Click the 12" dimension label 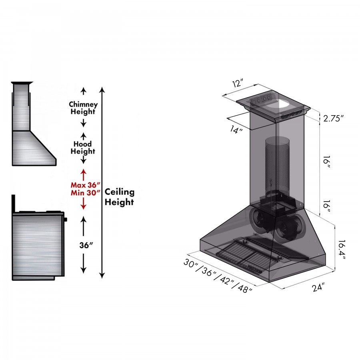[x=238, y=84]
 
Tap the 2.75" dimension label [x=334, y=118]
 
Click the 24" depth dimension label [x=319, y=287]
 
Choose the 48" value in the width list [x=245, y=288]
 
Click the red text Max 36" [x=85, y=185]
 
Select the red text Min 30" [x=85, y=192]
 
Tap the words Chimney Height [x=83, y=108]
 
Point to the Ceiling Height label [x=119, y=197]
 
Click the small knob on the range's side [x=65, y=219]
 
